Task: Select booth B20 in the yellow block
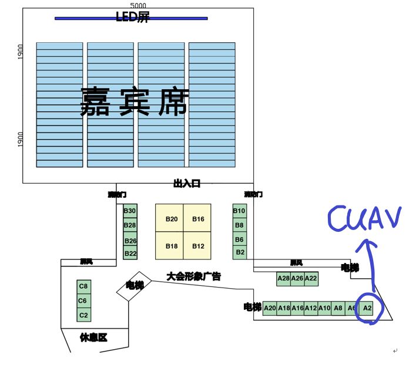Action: [x=171, y=219]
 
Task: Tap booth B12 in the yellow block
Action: [x=198, y=246]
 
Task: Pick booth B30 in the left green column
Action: [x=130, y=211]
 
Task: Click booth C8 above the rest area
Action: [x=83, y=286]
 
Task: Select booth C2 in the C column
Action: [x=83, y=315]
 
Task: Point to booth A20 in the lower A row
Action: [x=270, y=307]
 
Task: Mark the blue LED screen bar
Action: [x=131, y=18]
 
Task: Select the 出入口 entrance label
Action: [x=187, y=184]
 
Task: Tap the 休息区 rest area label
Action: [x=93, y=337]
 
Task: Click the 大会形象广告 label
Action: [x=193, y=276]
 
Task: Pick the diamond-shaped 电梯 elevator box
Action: [x=135, y=286]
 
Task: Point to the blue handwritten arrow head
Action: [x=368, y=242]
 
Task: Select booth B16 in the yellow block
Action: [x=198, y=219]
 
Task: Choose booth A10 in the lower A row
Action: [x=324, y=307]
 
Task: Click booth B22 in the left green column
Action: [x=130, y=254]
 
